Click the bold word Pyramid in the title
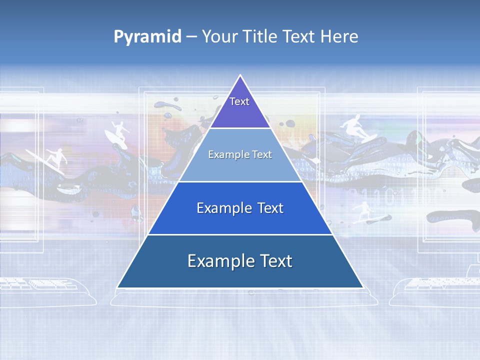(147, 37)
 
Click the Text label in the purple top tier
(239, 101)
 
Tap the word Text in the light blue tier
(262, 154)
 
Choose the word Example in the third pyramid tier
(222, 208)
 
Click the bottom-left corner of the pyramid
(117, 287)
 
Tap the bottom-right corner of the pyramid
(363, 287)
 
